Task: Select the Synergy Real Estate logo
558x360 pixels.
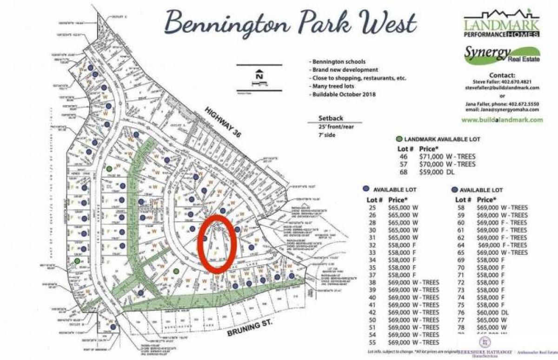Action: tap(501, 57)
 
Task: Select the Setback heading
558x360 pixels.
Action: tap(331, 118)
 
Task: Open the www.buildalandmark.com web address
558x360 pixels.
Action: tap(502, 120)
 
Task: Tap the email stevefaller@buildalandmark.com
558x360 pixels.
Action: tap(502, 87)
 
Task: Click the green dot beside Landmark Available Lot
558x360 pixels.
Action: tap(399, 139)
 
